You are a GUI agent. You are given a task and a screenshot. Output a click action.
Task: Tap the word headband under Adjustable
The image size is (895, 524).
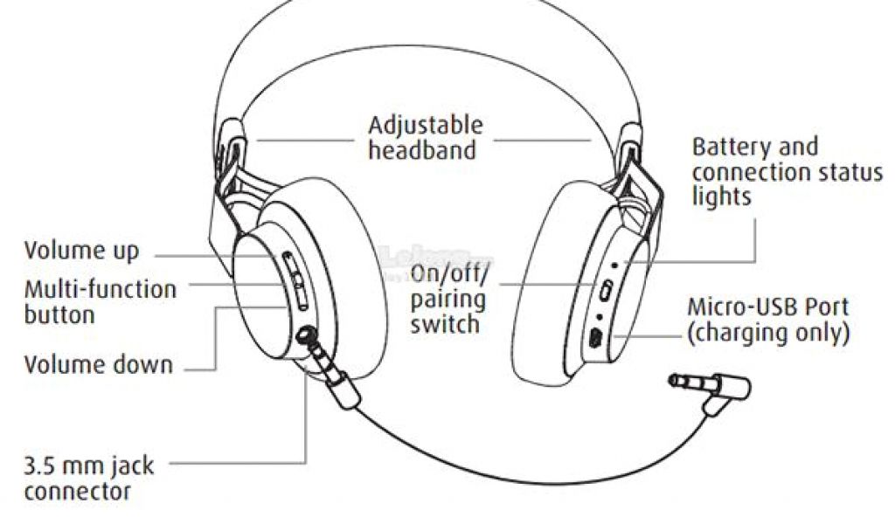point(422,150)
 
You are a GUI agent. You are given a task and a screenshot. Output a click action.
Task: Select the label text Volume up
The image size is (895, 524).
point(81,252)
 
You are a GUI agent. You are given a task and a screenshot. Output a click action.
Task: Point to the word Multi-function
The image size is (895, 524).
point(100,289)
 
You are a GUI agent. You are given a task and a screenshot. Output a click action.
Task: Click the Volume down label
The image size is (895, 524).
point(99,364)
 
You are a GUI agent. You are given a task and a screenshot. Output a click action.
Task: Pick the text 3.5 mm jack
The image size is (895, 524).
point(88,465)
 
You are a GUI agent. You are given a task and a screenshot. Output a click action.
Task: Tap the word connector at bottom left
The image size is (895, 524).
point(78,491)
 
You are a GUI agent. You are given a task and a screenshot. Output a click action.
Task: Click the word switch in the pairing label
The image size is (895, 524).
point(444,324)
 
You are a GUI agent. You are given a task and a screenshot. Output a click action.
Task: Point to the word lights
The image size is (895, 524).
point(721,196)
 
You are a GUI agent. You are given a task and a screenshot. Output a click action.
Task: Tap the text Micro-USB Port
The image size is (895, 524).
point(767,308)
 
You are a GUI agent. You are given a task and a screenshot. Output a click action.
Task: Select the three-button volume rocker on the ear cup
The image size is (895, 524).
point(296,279)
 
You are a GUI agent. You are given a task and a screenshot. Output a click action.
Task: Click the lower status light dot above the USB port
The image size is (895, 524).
point(600,315)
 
